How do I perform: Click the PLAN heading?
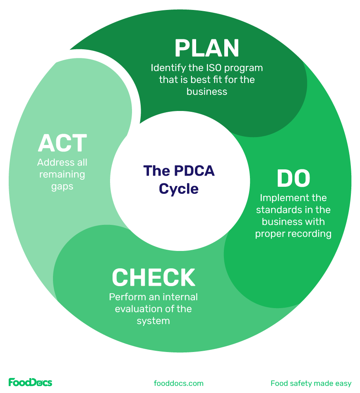point(206,48)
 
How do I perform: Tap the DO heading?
point(293,178)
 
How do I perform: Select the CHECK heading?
point(154,277)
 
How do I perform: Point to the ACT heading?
point(62,143)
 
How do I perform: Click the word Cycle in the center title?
point(179,189)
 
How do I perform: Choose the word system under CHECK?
point(153,321)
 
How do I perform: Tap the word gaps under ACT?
point(62,186)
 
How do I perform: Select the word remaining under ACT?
point(62,174)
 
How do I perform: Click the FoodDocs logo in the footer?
point(30,382)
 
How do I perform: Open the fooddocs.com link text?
point(178,383)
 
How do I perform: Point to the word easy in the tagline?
point(343,383)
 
